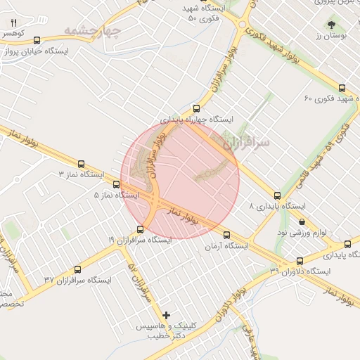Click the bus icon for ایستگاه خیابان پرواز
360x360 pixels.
pyautogui.click(x=37, y=40)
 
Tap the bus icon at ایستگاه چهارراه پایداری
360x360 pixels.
pyautogui.click(x=196, y=108)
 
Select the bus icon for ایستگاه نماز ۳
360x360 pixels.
pyautogui.click(x=81, y=163)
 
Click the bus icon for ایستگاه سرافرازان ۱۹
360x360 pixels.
pyautogui.click(x=140, y=229)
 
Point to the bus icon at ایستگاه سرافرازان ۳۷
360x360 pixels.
pyautogui.click(x=77, y=269)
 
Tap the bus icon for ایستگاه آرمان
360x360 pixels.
pyautogui.click(x=226, y=235)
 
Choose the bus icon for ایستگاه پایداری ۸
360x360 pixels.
pyautogui.click(x=277, y=195)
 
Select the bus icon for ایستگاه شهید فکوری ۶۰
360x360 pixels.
pyautogui.click(x=342, y=88)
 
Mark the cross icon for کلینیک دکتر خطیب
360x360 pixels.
pyautogui.click(x=166, y=315)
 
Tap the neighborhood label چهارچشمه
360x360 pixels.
pyautogui.click(x=91, y=31)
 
